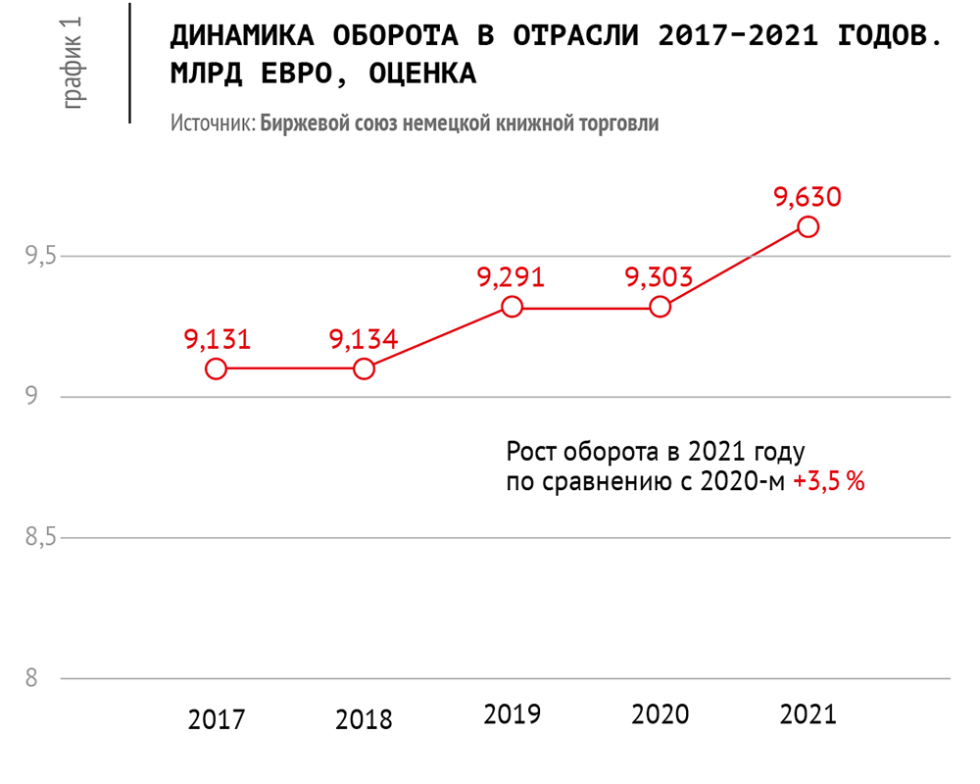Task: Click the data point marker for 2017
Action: coord(217,368)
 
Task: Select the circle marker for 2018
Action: coord(364,368)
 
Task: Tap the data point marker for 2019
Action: coord(512,307)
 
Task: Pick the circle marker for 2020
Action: coord(661,307)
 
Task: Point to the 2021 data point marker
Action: coord(808,226)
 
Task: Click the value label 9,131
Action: coord(218,339)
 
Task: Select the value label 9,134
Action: coord(364,339)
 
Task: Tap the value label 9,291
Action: coord(511,277)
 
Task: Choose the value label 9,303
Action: coord(660,277)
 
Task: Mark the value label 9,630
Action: coord(808,197)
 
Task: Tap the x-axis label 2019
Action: coord(512,714)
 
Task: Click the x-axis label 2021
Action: coord(808,714)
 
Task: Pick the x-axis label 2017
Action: coord(217,720)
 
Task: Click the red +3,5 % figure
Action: coord(829,482)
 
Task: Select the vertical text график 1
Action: coord(73,63)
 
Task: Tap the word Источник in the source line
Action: coord(212,124)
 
